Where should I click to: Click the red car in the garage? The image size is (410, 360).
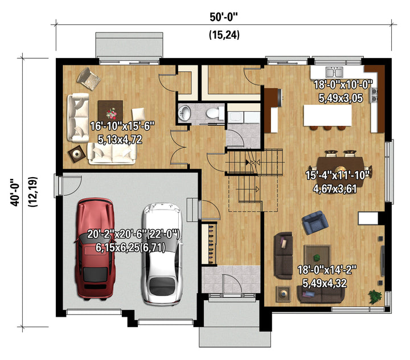95,248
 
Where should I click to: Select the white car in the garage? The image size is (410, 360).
162,254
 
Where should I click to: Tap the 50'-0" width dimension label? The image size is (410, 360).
224,17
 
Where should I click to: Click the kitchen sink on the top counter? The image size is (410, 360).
334,72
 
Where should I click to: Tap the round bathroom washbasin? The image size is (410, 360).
184,113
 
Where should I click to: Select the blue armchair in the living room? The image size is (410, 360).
315,222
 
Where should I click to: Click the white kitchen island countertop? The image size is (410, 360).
327,116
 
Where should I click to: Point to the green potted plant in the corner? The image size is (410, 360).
375,297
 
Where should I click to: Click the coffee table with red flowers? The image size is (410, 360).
110,111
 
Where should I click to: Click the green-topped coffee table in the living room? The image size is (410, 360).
317,257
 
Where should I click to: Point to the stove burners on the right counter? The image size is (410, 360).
374,95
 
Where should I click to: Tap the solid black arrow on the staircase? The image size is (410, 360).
247,162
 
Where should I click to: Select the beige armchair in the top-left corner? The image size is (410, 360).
88,79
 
